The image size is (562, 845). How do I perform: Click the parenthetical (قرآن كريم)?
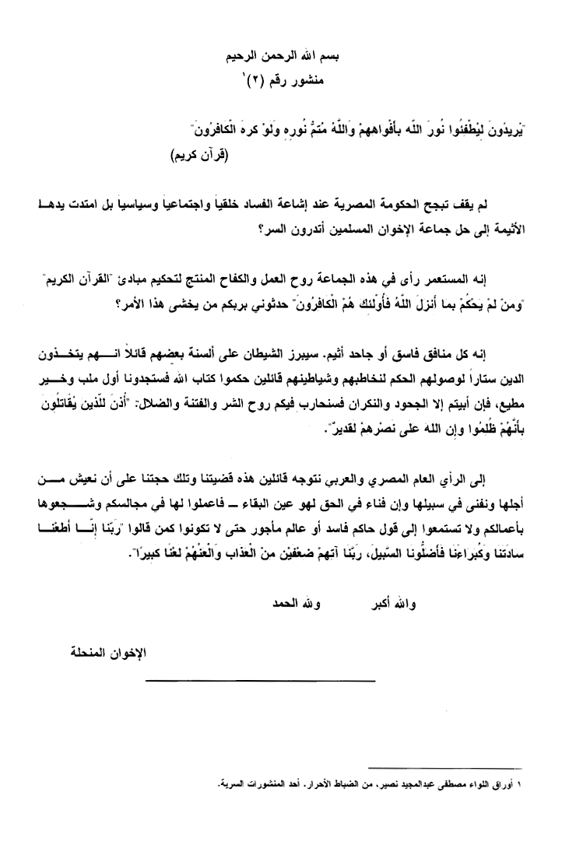click(203, 155)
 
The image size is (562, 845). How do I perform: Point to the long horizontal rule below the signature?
click(239, 682)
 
